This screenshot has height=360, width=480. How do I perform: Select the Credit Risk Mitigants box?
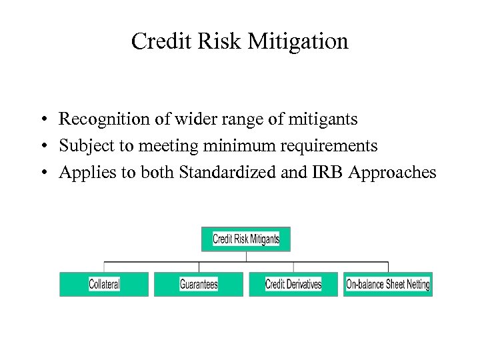pos(246,239)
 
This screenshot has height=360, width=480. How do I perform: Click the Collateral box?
pos(104,284)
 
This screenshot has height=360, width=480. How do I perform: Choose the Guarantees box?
pos(199,284)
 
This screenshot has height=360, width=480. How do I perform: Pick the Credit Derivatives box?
pos(293,284)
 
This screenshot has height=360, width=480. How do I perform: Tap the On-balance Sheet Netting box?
pos(388,284)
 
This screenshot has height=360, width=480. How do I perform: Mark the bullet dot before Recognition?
pos(42,121)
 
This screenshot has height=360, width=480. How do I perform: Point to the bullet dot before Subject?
pos(42,147)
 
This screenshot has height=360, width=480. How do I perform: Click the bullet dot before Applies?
pos(42,173)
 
